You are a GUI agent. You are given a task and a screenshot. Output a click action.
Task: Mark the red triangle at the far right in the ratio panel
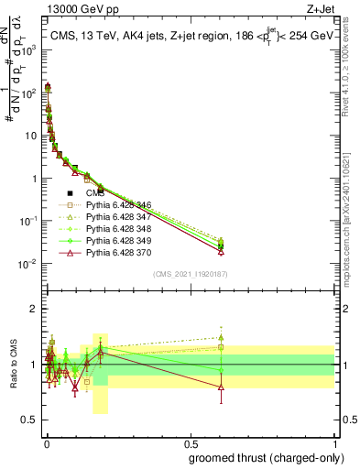pyautogui.click(x=221, y=387)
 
